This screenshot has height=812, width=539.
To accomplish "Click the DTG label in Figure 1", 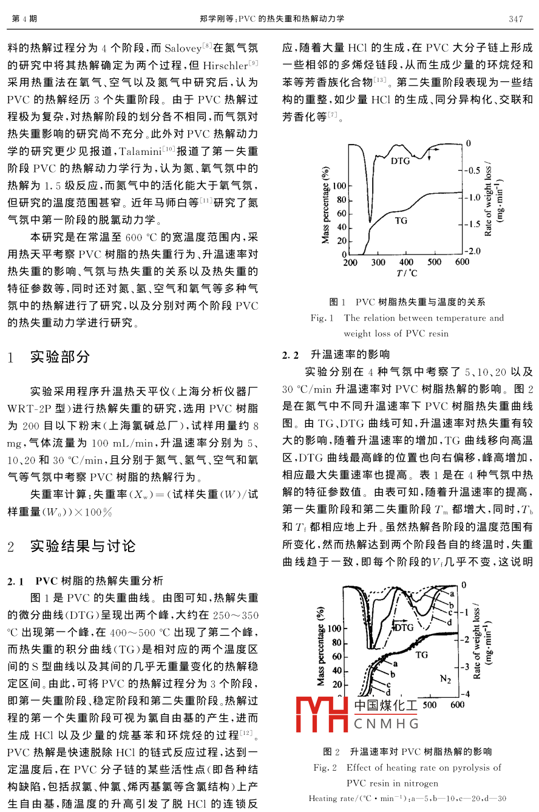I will tap(400, 162).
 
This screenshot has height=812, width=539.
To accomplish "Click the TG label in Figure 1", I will tap(401, 220).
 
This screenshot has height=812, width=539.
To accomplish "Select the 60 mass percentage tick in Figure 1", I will tap(342, 214).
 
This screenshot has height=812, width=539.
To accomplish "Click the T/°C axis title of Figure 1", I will tap(407, 273).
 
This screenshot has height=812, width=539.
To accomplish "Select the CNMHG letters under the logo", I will tap(385, 724).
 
